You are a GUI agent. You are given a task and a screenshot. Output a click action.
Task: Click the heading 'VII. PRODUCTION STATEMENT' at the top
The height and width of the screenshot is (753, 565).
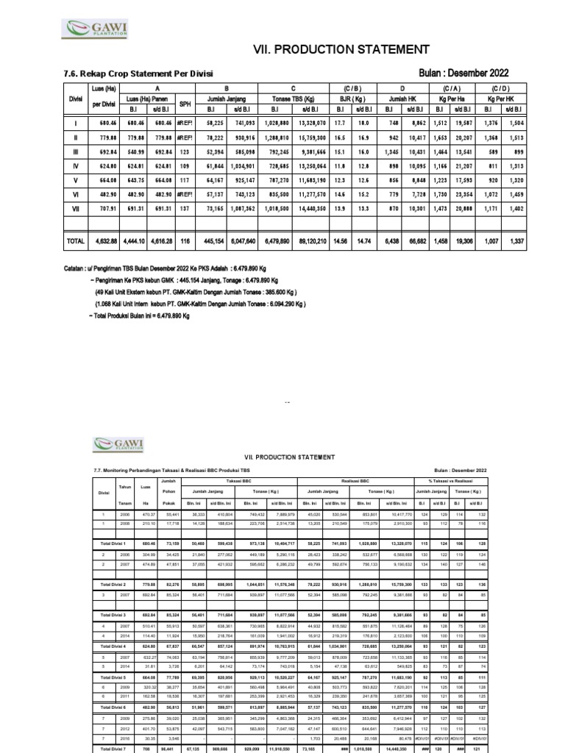341,49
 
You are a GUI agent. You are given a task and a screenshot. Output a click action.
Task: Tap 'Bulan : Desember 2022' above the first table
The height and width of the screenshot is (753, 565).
463,73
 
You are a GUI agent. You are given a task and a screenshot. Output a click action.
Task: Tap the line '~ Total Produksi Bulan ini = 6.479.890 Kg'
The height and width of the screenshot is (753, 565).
140,315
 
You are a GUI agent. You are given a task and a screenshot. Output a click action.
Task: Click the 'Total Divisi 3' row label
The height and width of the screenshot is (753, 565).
114,613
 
